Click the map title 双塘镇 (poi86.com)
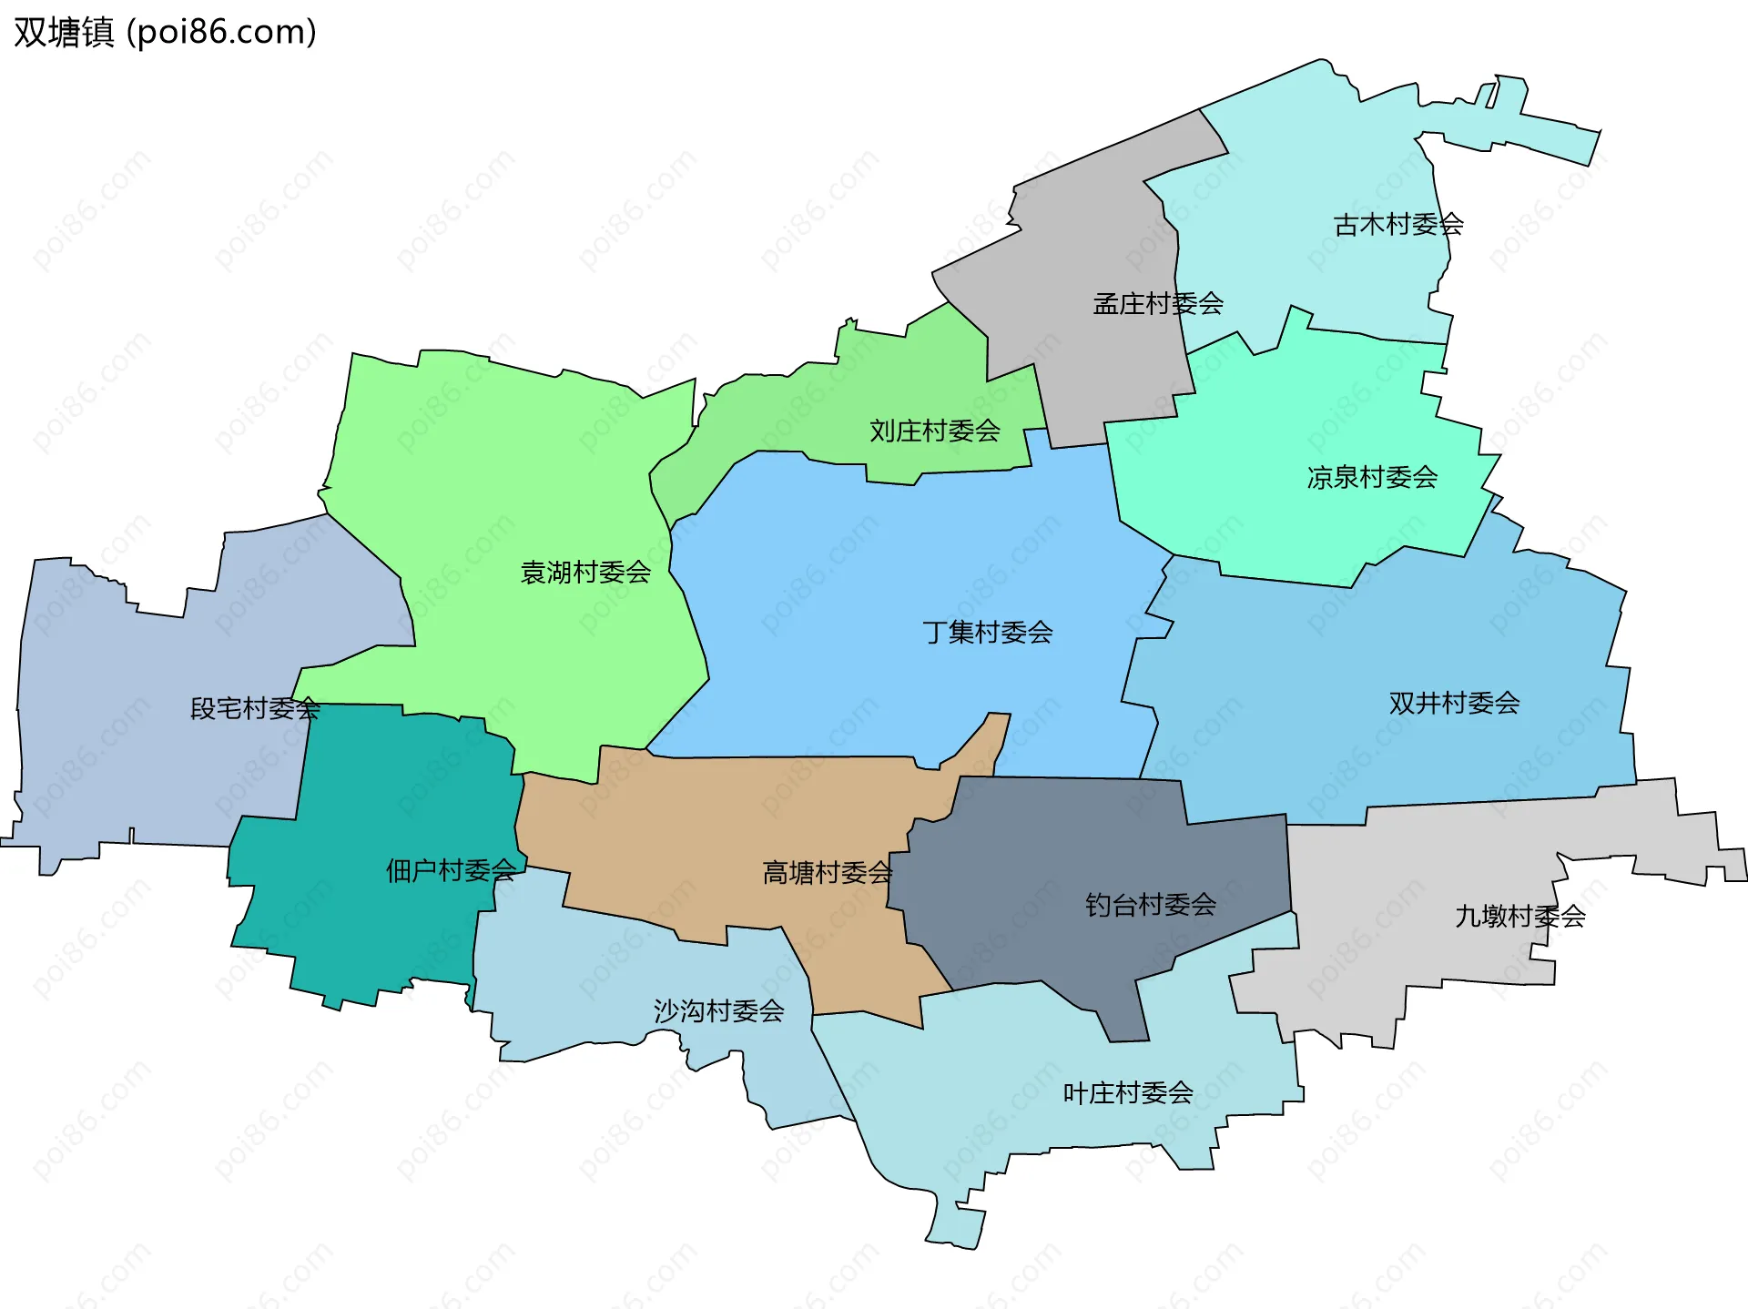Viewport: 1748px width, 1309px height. point(165,32)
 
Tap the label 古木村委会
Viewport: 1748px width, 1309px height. point(1397,224)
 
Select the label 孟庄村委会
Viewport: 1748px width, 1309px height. point(1157,303)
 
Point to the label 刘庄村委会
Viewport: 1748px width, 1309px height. point(934,431)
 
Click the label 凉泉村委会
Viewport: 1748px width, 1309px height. point(1372,477)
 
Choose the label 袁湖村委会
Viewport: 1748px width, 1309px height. point(585,572)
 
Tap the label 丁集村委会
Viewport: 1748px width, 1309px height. point(987,632)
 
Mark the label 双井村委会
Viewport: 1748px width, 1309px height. point(1454,703)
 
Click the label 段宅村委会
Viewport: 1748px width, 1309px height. point(255,708)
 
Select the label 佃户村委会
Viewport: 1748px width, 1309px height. point(451,870)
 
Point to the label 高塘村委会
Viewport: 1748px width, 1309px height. point(827,873)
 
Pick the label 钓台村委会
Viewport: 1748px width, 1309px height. point(1150,904)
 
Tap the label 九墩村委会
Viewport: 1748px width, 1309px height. point(1519,916)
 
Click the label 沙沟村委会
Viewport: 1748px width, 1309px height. point(718,1010)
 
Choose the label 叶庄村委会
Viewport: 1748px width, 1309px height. point(1127,1092)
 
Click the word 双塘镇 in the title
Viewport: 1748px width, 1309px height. point(64,32)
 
